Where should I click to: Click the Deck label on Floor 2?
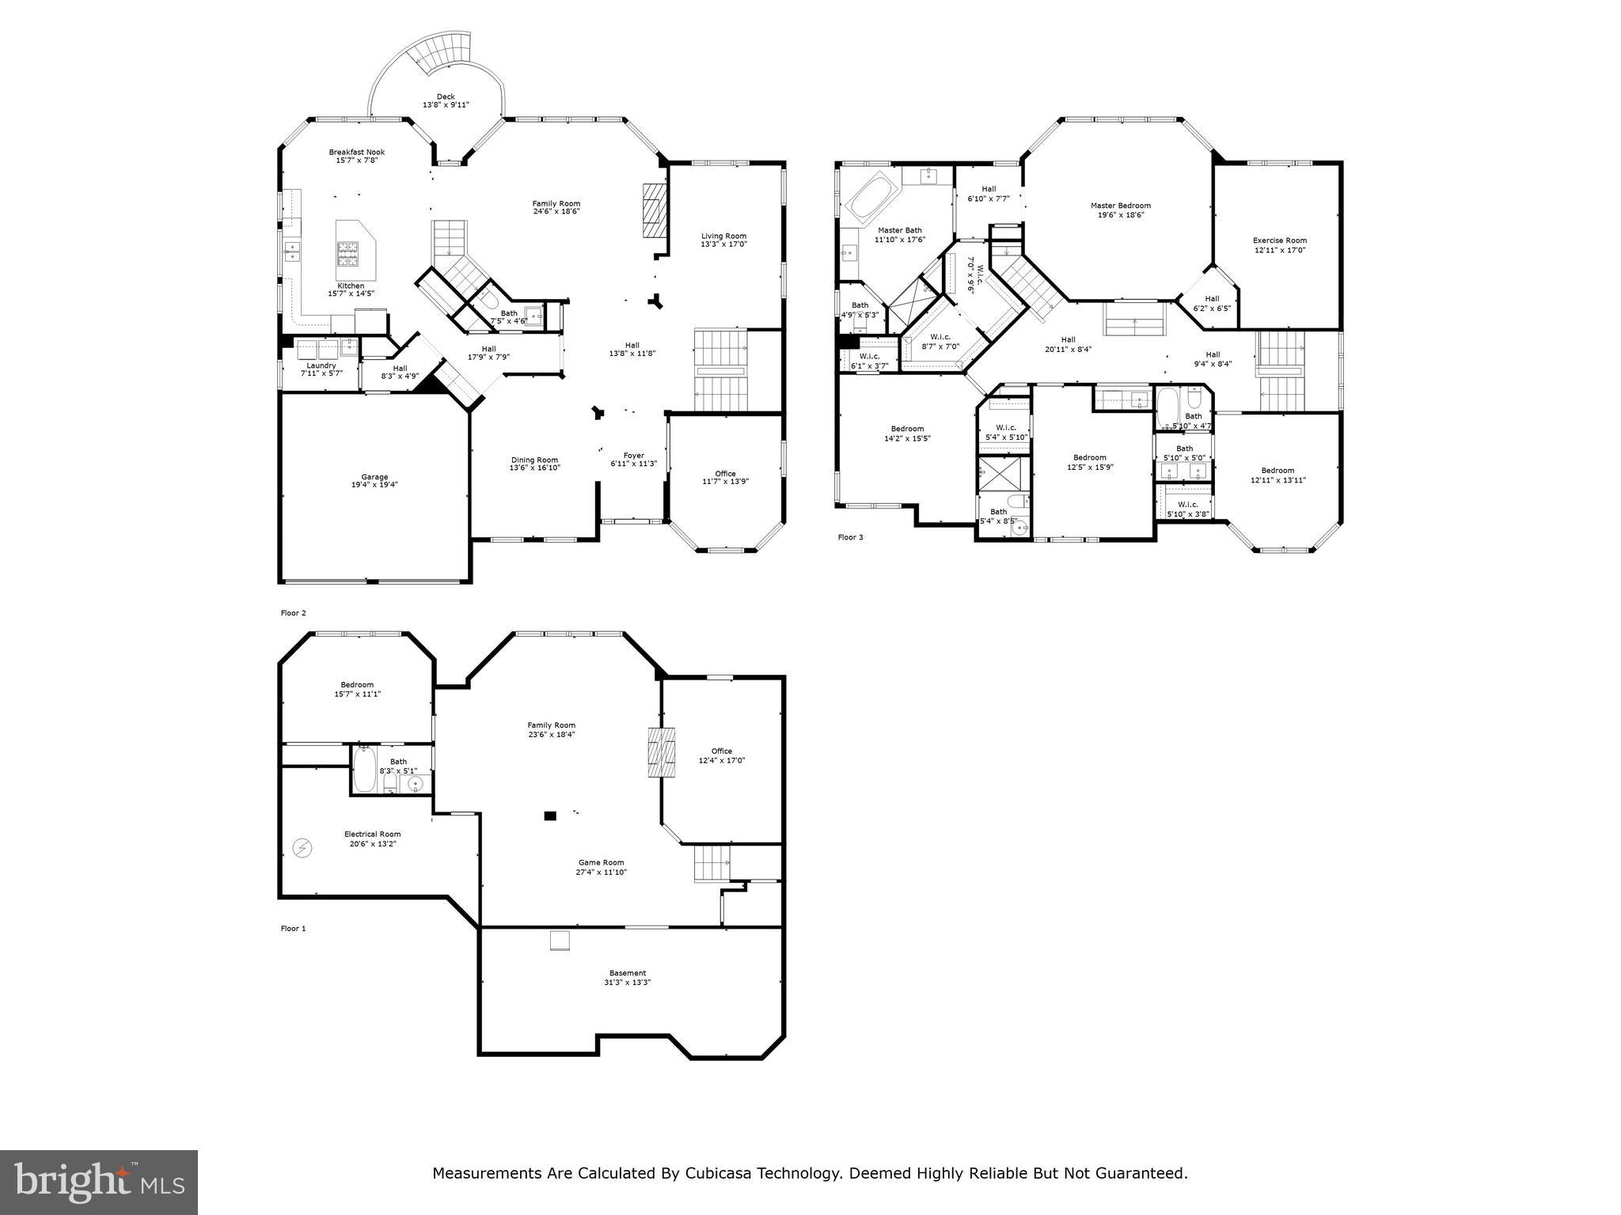click(446, 100)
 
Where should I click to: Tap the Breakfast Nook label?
click(357, 156)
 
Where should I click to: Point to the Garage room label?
click(374, 481)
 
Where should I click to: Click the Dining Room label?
click(534, 464)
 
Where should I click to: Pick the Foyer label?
click(633, 460)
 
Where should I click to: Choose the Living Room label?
click(723, 240)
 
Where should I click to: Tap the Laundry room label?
click(321, 369)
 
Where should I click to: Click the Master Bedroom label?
click(1121, 210)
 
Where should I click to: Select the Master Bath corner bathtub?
click(872, 197)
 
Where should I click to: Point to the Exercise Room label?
click(1279, 245)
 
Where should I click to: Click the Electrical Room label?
click(372, 838)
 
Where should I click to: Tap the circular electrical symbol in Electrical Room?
click(302, 849)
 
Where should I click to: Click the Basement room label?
click(627, 978)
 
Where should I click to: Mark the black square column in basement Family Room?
click(550, 816)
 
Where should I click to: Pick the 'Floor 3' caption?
click(850, 537)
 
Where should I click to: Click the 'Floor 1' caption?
click(293, 929)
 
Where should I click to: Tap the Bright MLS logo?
click(99, 1182)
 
